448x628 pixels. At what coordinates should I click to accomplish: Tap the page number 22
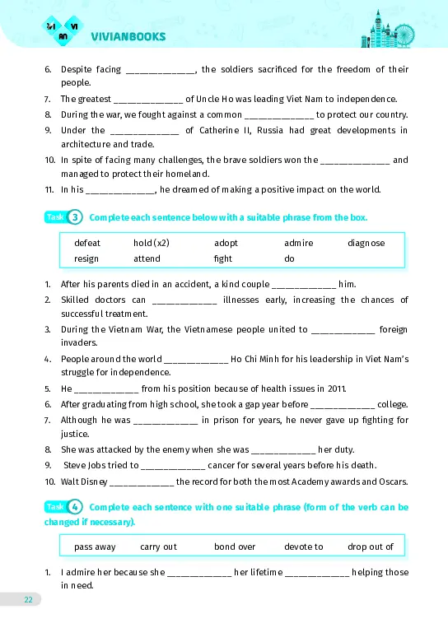[28, 600]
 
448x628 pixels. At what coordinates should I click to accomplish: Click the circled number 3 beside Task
[75, 217]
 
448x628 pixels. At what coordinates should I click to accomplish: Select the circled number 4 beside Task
[75, 507]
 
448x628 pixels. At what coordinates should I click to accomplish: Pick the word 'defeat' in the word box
[87, 243]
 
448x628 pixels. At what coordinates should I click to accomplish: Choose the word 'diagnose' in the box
[366, 243]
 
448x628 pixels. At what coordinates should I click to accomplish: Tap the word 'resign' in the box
[86, 258]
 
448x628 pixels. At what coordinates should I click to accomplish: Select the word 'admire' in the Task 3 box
[298, 243]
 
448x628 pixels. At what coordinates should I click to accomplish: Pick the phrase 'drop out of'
[371, 546]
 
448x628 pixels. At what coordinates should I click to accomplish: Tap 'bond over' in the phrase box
[235, 546]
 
